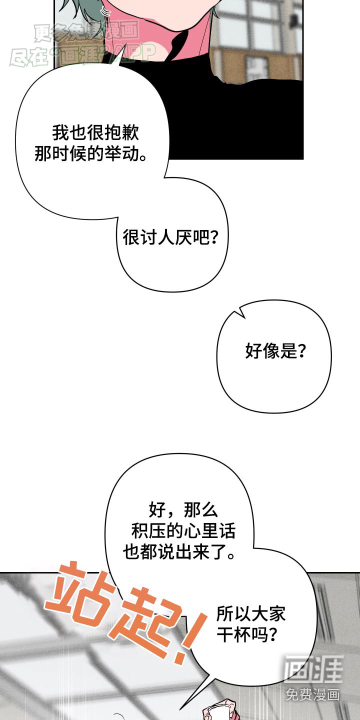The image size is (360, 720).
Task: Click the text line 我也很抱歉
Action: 95,133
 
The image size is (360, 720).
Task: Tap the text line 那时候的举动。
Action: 91,153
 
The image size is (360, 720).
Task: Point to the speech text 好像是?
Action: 275,351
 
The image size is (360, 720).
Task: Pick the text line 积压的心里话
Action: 183,531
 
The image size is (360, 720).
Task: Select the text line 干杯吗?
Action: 247,634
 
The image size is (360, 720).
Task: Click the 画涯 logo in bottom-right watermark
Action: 313,669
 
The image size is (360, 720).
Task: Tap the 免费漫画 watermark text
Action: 313,694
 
